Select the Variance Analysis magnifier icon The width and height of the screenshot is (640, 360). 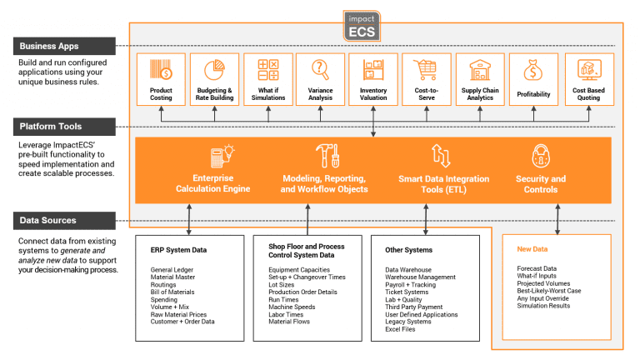(321, 69)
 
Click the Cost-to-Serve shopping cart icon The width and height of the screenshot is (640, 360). (426, 69)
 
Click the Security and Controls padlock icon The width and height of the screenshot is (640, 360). (540, 156)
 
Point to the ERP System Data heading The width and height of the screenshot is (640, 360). (178, 248)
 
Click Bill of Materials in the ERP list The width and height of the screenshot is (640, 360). (174, 292)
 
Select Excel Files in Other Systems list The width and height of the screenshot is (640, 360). (402, 328)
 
